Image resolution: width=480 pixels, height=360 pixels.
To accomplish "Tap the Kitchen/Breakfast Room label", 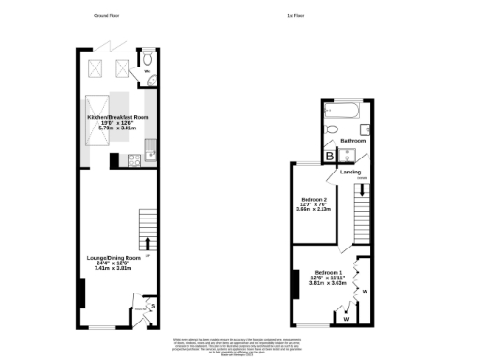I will [112, 118].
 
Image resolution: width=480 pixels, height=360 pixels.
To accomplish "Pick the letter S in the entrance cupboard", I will [152, 305].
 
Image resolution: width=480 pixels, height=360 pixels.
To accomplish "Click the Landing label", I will [350, 172].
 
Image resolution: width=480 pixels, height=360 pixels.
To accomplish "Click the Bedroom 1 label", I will [328, 272].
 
